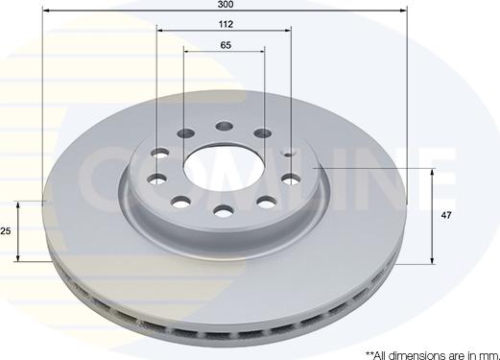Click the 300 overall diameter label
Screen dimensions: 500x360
(x=226, y=4)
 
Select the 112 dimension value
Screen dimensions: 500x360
(x=226, y=24)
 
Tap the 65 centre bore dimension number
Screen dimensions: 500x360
(x=226, y=45)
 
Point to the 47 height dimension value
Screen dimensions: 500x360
(x=446, y=215)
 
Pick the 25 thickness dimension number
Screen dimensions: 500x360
(x=6, y=230)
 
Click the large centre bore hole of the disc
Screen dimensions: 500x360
(x=224, y=168)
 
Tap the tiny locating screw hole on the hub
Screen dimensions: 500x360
(x=289, y=155)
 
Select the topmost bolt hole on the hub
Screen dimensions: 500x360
(x=224, y=126)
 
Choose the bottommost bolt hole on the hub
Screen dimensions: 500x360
(x=224, y=211)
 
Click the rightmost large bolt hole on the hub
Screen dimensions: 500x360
(x=292, y=180)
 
